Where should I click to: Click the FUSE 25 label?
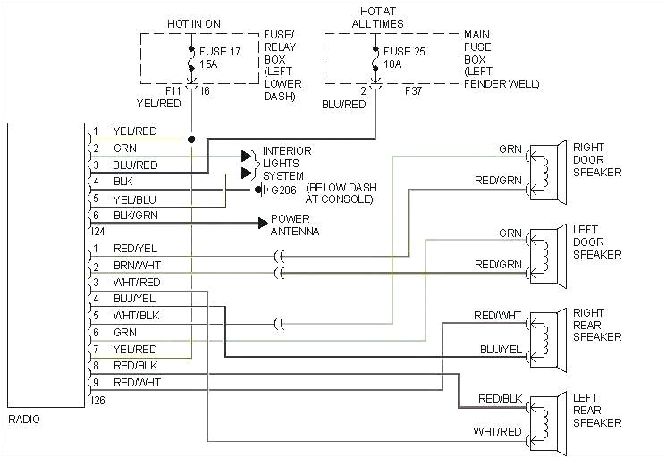407,52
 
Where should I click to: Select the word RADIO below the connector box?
24,420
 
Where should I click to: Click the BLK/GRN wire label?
135,215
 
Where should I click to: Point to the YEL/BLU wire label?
135,199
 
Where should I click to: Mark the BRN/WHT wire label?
135,265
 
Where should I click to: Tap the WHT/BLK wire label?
135,315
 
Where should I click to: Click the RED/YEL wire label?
135,248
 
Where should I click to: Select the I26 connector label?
98,400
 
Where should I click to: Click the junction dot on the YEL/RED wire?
191,140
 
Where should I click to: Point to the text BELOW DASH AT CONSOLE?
339,194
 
